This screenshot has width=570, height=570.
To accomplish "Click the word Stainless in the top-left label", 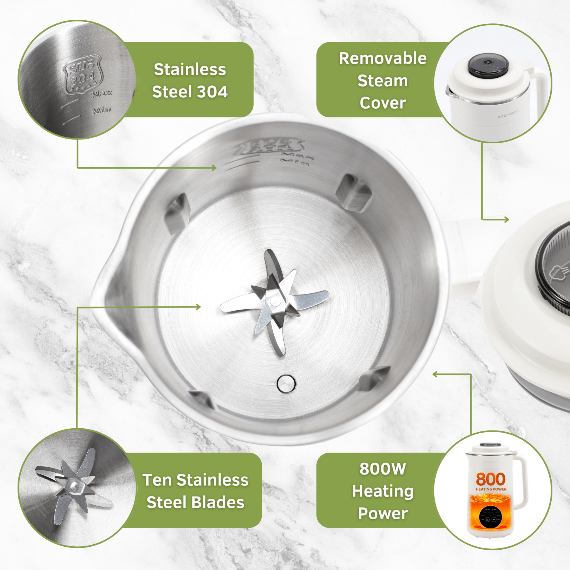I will [x=190, y=70].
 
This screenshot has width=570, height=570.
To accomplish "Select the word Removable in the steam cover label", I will [x=383, y=58].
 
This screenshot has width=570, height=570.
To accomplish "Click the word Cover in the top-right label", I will [x=383, y=103].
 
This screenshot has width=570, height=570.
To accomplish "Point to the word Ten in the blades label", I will [x=157, y=480].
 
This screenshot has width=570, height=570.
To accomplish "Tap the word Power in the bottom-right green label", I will [x=383, y=514].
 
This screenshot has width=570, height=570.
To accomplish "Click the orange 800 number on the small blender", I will [x=491, y=480].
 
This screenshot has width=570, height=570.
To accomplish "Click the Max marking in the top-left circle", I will [x=102, y=94].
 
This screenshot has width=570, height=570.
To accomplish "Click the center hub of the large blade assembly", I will [x=275, y=301].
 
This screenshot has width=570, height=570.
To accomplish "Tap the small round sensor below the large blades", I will [x=286, y=383].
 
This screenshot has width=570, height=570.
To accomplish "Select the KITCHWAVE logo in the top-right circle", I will [x=508, y=114].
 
